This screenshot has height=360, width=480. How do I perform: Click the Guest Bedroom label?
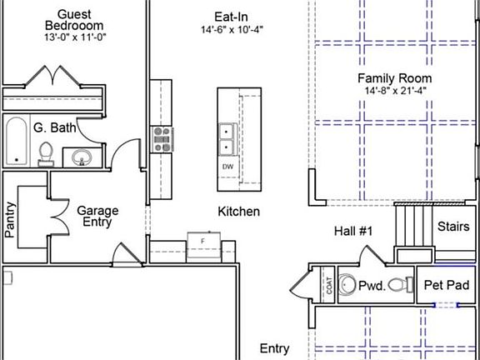tap(74, 20)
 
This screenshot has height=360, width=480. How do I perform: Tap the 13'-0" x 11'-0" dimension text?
tap(75, 37)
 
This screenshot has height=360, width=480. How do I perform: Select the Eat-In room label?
tap(231, 17)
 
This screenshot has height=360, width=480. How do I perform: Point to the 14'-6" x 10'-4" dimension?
tap(232, 30)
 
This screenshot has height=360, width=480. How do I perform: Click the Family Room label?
tap(395, 78)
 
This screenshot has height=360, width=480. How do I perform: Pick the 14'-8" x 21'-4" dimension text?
tap(396, 91)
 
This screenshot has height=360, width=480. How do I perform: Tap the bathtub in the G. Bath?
tap(16, 141)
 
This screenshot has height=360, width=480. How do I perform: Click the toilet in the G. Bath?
tap(46, 154)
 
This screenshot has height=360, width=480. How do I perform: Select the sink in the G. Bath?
tap(82, 157)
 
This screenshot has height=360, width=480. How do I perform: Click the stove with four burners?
tap(162, 139)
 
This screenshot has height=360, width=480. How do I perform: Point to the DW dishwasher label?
tap(227, 167)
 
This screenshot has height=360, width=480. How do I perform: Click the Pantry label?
tap(10, 220)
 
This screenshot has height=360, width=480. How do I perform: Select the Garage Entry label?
tap(97, 216)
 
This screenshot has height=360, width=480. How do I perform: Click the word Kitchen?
tap(239, 212)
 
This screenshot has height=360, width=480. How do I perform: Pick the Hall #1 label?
tap(353, 231)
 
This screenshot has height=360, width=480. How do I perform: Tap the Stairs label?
tap(453, 227)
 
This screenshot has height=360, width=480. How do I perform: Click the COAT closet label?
tap(329, 286)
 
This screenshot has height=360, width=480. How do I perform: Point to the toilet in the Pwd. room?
tap(401, 285)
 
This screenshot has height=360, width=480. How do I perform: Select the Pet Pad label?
tap(447, 285)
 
